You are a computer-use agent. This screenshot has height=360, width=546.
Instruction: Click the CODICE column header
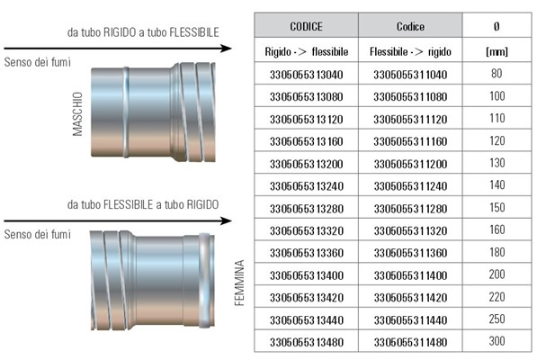(x=306, y=26)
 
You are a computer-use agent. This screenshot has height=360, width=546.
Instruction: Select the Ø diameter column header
(x=497, y=26)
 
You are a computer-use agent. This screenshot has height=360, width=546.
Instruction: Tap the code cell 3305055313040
(x=306, y=75)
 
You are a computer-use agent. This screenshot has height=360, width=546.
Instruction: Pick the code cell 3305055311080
(x=410, y=96)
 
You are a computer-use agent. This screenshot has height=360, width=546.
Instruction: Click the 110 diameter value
(x=497, y=118)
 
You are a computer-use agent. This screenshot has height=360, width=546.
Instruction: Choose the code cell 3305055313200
(x=306, y=164)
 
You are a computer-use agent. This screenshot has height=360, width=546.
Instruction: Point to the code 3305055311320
(x=410, y=230)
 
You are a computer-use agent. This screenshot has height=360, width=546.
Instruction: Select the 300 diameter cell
(x=497, y=341)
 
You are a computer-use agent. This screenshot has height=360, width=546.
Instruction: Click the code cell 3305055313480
(x=306, y=342)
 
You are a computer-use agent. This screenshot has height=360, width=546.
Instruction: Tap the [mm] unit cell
(x=497, y=51)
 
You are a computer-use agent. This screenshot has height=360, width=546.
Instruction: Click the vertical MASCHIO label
(x=77, y=113)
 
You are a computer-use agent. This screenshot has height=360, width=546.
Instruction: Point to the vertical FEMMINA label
(x=239, y=283)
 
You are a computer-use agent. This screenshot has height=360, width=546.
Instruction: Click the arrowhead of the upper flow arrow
(x=227, y=48)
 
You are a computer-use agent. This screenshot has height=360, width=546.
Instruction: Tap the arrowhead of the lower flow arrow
(x=227, y=220)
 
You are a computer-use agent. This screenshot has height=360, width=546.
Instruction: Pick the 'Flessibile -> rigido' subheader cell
(x=410, y=52)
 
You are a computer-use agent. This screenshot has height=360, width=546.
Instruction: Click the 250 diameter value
(x=497, y=319)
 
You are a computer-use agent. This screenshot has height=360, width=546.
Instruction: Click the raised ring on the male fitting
(x=126, y=112)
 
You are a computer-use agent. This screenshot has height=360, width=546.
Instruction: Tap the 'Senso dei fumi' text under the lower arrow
(x=37, y=234)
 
